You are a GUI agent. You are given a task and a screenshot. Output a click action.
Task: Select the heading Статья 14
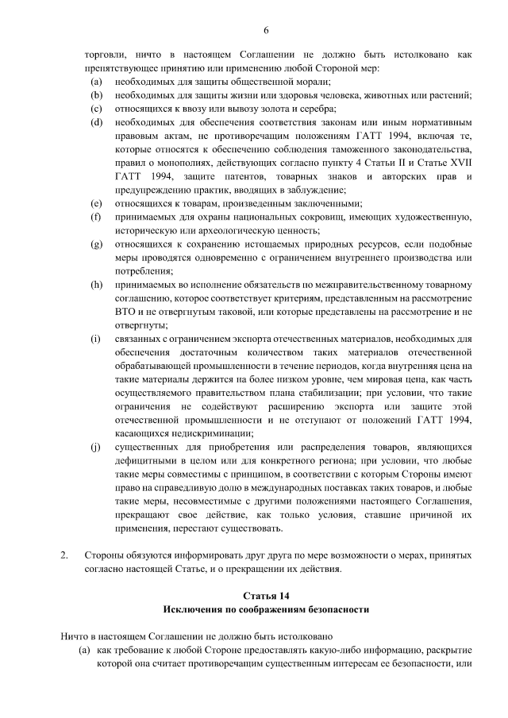266,594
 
